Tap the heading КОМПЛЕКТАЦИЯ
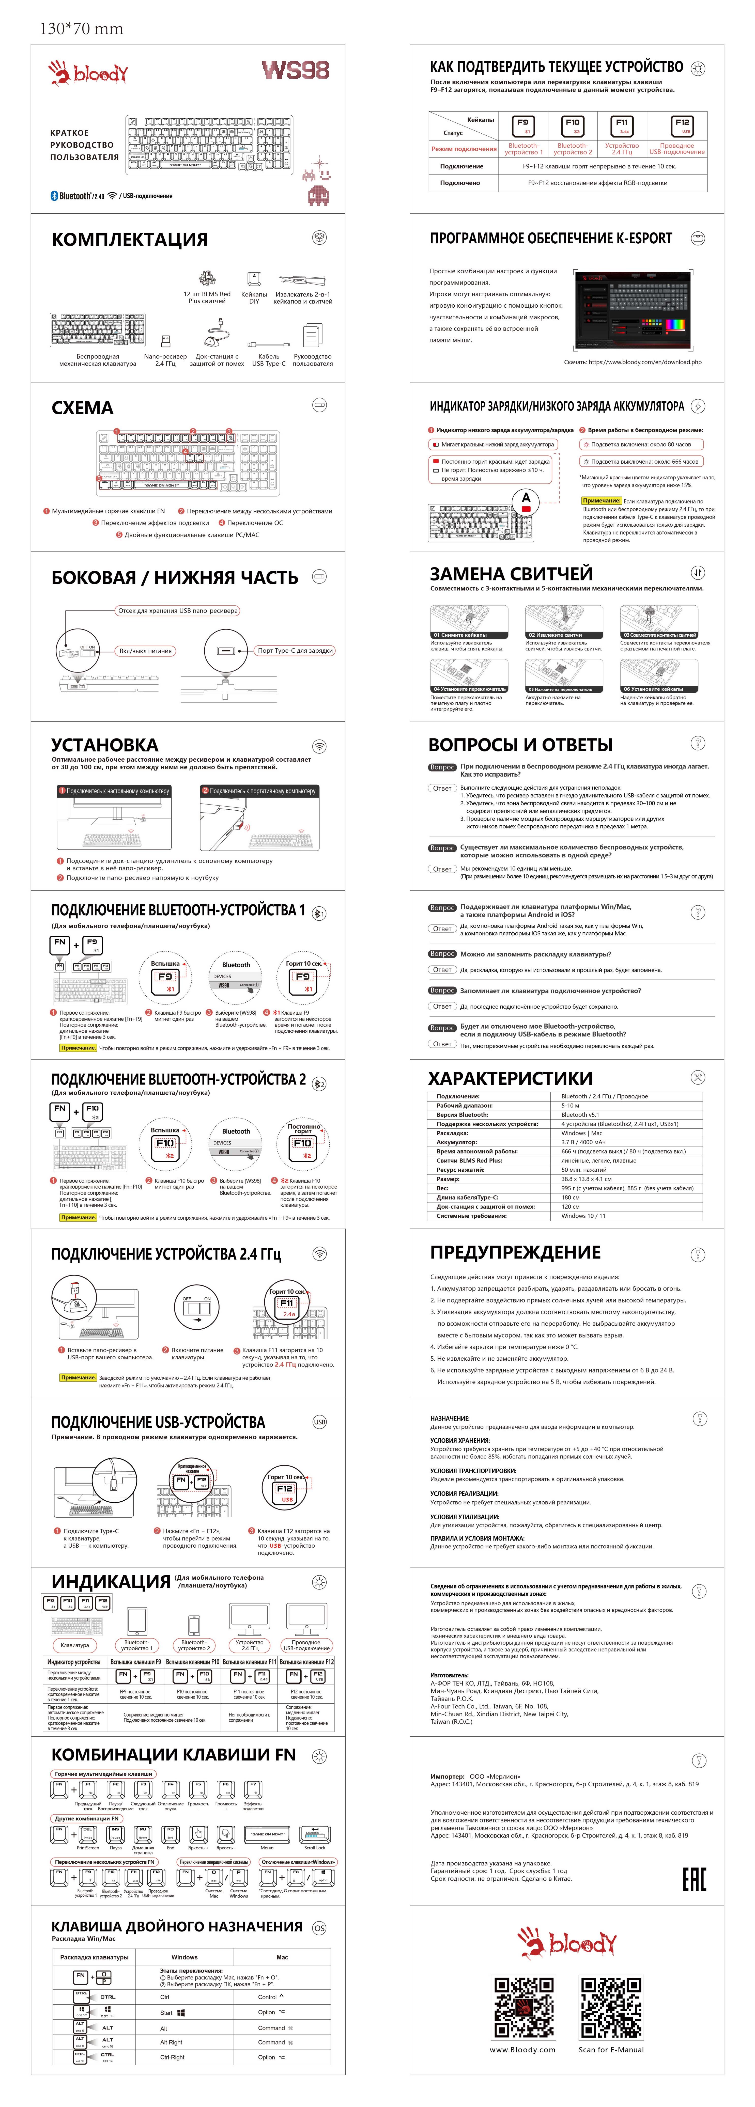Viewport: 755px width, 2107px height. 129,240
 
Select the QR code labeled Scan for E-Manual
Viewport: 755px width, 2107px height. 610,2008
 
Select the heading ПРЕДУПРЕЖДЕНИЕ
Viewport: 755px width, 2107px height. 515,1252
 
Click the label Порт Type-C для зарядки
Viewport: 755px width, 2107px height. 295,651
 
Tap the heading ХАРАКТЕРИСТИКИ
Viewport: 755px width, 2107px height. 511,1078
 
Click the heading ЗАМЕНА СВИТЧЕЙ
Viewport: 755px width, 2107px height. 511,573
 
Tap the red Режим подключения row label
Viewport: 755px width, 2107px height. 464,149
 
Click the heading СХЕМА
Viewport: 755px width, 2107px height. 83,408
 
